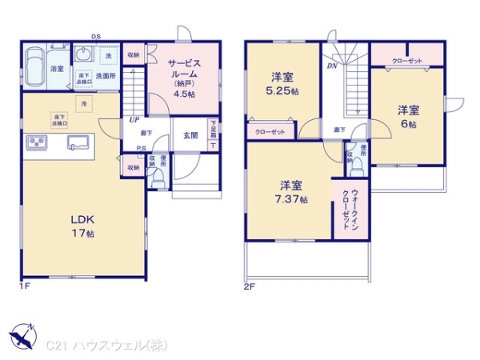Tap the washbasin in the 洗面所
tap(83, 56)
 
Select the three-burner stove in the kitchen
tap(38, 142)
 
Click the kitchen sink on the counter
tap(79, 142)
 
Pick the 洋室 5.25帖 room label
tap(282, 84)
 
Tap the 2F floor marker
tap(247, 286)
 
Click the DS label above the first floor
tap(95, 36)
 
